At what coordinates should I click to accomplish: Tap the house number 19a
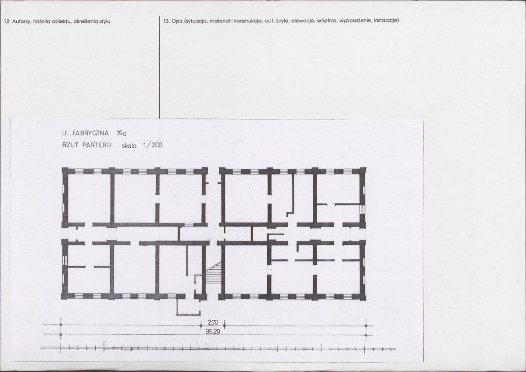[122, 133]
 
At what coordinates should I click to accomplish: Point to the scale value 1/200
[152, 145]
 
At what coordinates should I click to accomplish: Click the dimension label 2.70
[213, 323]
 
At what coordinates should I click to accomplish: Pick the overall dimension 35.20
[212, 332]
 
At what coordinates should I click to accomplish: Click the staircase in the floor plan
[213, 272]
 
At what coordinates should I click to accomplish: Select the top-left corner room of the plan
[89, 198]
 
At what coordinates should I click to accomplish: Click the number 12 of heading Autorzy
[6, 21]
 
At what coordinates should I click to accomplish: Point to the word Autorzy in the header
[21, 21]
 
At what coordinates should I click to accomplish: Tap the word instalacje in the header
[386, 21]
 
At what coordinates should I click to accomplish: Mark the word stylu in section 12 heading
[105, 21]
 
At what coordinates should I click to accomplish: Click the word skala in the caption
[129, 146]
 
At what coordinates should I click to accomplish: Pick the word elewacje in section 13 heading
[303, 21]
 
